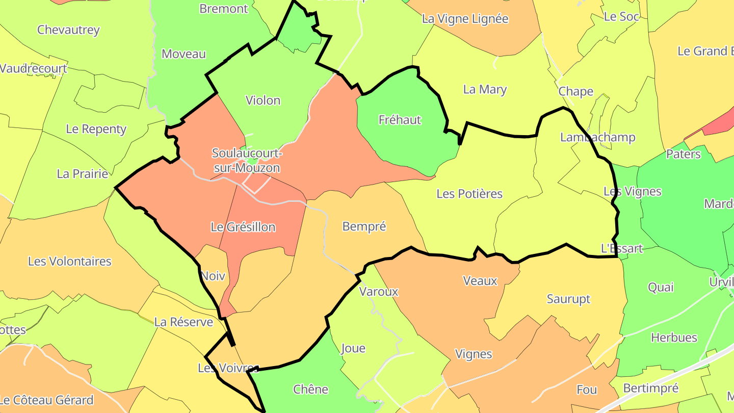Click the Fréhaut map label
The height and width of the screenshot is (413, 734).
click(x=400, y=120)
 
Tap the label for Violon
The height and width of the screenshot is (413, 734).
click(x=263, y=100)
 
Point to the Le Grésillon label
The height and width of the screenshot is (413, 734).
click(x=243, y=227)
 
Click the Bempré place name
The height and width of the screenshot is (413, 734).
click(x=364, y=226)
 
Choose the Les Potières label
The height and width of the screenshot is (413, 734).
click(x=469, y=194)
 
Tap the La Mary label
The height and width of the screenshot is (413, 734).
click(x=485, y=90)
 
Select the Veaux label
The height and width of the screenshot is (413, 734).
click(x=480, y=280)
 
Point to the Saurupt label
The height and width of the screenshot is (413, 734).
click(x=568, y=299)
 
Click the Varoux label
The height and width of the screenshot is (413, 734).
click(x=379, y=292)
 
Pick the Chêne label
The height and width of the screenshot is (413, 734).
click(x=310, y=390)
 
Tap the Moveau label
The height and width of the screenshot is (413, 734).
click(x=183, y=54)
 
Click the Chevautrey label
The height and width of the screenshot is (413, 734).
click(x=68, y=30)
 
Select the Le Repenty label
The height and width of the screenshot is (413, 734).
click(x=96, y=129)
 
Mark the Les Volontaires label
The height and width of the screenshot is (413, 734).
click(x=69, y=262)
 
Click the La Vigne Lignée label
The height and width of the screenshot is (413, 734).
click(x=465, y=19)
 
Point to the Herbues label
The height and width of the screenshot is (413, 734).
click(x=674, y=338)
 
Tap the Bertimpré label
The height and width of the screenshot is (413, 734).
click(x=651, y=389)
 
